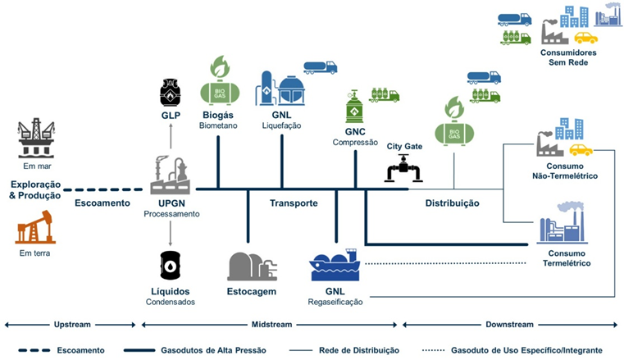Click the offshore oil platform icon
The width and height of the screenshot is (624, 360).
tap(36, 138)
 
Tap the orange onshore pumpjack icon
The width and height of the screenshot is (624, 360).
tap(35, 227)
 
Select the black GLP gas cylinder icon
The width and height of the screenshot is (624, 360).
tap(171, 93)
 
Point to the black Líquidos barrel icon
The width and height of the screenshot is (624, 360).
tap(171, 266)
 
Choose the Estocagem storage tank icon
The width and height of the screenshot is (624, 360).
tap(251, 266)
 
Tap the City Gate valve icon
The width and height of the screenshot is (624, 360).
tap(403, 168)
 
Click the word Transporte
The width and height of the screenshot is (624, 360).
tap(294, 203)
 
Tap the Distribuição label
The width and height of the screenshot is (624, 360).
tap(452, 203)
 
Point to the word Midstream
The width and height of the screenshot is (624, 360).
tap(271, 325)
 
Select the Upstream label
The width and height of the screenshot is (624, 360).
tap(72, 325)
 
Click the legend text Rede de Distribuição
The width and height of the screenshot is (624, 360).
tap(359, 350)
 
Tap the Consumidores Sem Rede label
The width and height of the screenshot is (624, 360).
tap(568, 57)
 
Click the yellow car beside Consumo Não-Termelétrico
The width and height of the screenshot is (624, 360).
tap(581, 149)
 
